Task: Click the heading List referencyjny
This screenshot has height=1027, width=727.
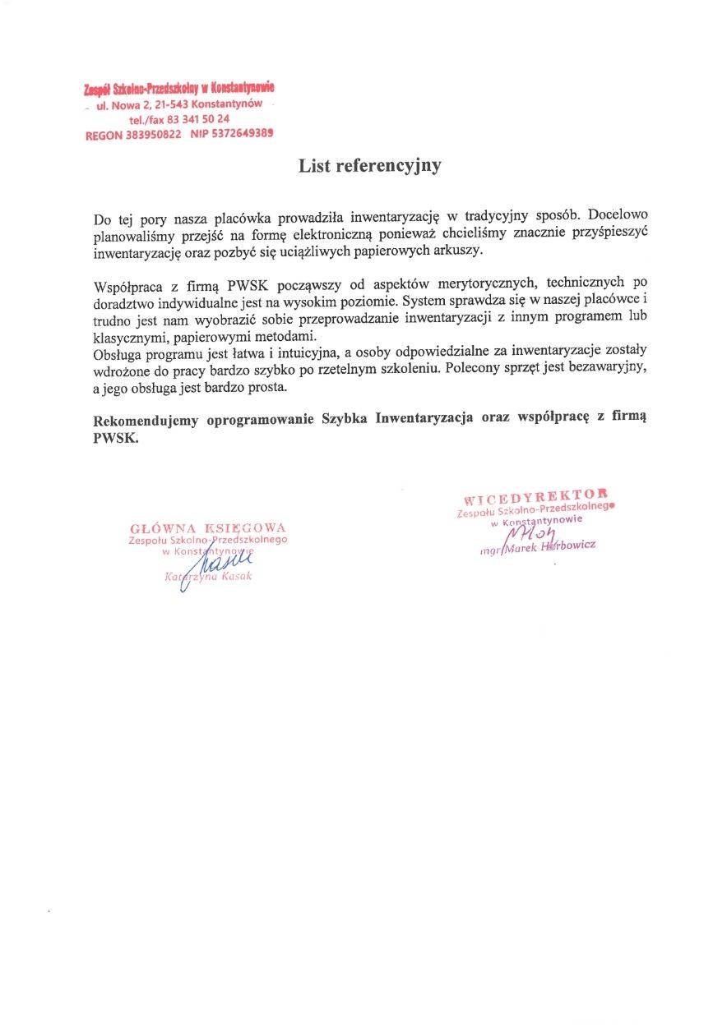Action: [x=369, y=166]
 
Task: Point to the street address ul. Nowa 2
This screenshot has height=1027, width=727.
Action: [x=125, y=104]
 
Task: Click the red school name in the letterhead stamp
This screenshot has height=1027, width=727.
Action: [x=179, y=88]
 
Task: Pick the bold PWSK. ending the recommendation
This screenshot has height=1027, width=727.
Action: [x=116, y=438]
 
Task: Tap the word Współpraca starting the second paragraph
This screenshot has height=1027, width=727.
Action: [x=130, y=286]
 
